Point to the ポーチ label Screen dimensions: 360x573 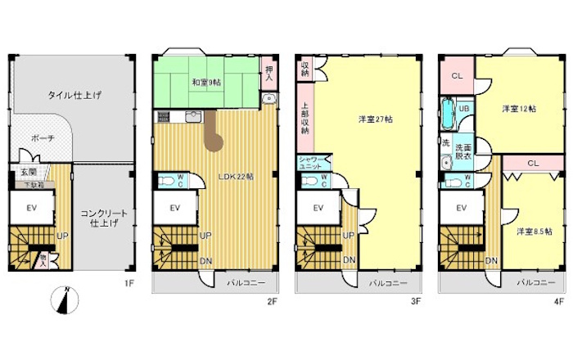point(43,139)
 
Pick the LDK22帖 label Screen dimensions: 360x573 point(235,176)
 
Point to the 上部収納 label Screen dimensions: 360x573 point(305,119)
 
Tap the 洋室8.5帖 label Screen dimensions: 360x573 point(533,232)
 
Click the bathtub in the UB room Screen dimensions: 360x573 point(448,113)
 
